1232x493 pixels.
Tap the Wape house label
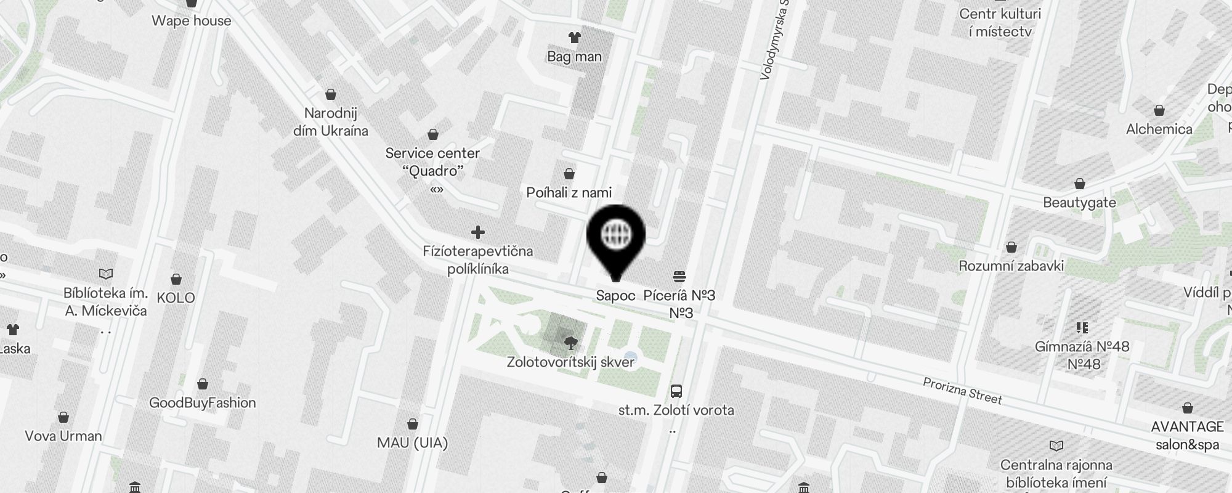[x=192, y=21]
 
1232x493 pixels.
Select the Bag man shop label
[x=574, y=57]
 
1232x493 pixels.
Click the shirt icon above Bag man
[x=575, y=38]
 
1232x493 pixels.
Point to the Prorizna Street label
[x=962, y=391]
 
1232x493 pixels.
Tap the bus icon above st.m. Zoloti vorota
[x=676, y=391]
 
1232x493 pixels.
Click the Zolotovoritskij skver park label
[x=570, y=362]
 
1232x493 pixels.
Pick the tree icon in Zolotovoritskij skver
[x=570, y=342]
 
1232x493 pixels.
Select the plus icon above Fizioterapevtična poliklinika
[x=478, y=232]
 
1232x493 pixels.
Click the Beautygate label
[x=1079, y=203]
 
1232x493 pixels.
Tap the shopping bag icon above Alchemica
[x=1159, y=111]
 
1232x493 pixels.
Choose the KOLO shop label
[x=176, y=298]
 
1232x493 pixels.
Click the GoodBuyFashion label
[x=202, y=403]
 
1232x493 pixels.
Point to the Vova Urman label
[x=63, y=436]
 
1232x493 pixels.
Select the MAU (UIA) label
[x=412, y=443]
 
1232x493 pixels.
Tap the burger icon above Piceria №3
[x=680, y=276]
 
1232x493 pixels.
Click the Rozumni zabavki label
[x=1011, y=266]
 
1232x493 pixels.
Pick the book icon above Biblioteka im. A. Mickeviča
[x=106, y=274]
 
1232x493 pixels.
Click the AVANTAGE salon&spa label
[x=1187, y=435]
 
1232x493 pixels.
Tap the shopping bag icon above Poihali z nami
[x=569, y=174]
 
